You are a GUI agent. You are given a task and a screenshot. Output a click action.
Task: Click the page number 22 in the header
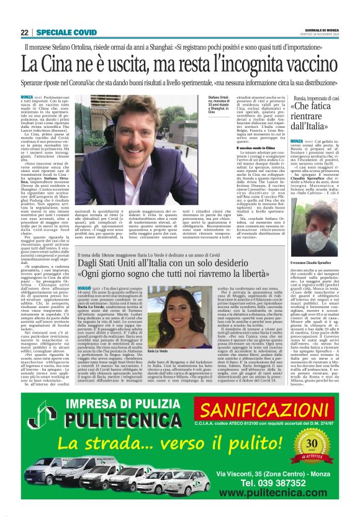(x=24, y=32)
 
